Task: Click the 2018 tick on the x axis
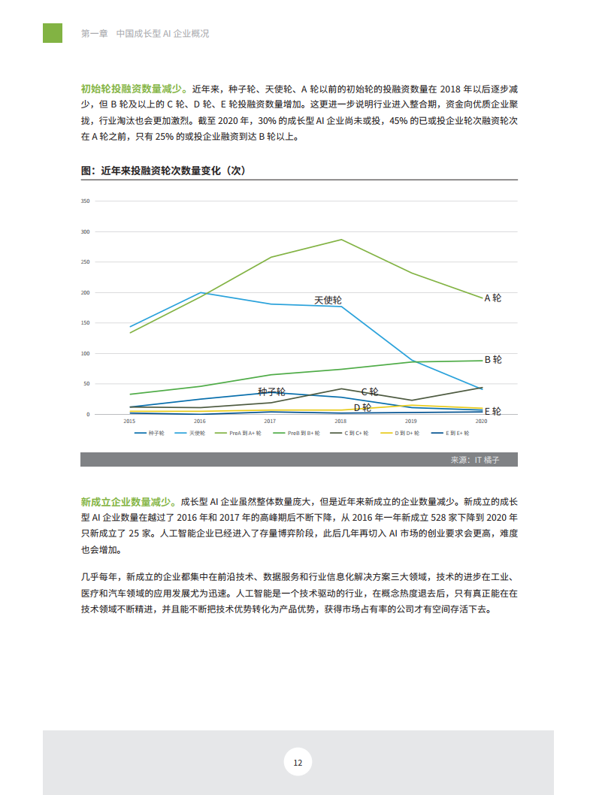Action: point(340,421)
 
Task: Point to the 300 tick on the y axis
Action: point(85,232)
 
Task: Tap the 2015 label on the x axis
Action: point(130,421)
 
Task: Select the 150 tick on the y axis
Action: point(85,323)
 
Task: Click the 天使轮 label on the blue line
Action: point(328,300)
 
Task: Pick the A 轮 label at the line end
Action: point(492,298)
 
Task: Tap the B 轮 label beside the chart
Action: point(492,360)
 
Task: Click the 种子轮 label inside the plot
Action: point(271,392)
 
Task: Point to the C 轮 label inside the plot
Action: point(370,392)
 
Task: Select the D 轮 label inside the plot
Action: point(362,407)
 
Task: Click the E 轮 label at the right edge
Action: point(492,412)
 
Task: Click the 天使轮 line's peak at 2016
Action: point(201,292)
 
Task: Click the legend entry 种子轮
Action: point(150,433)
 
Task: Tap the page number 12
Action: point(298,763)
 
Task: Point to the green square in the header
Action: point(53,33)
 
